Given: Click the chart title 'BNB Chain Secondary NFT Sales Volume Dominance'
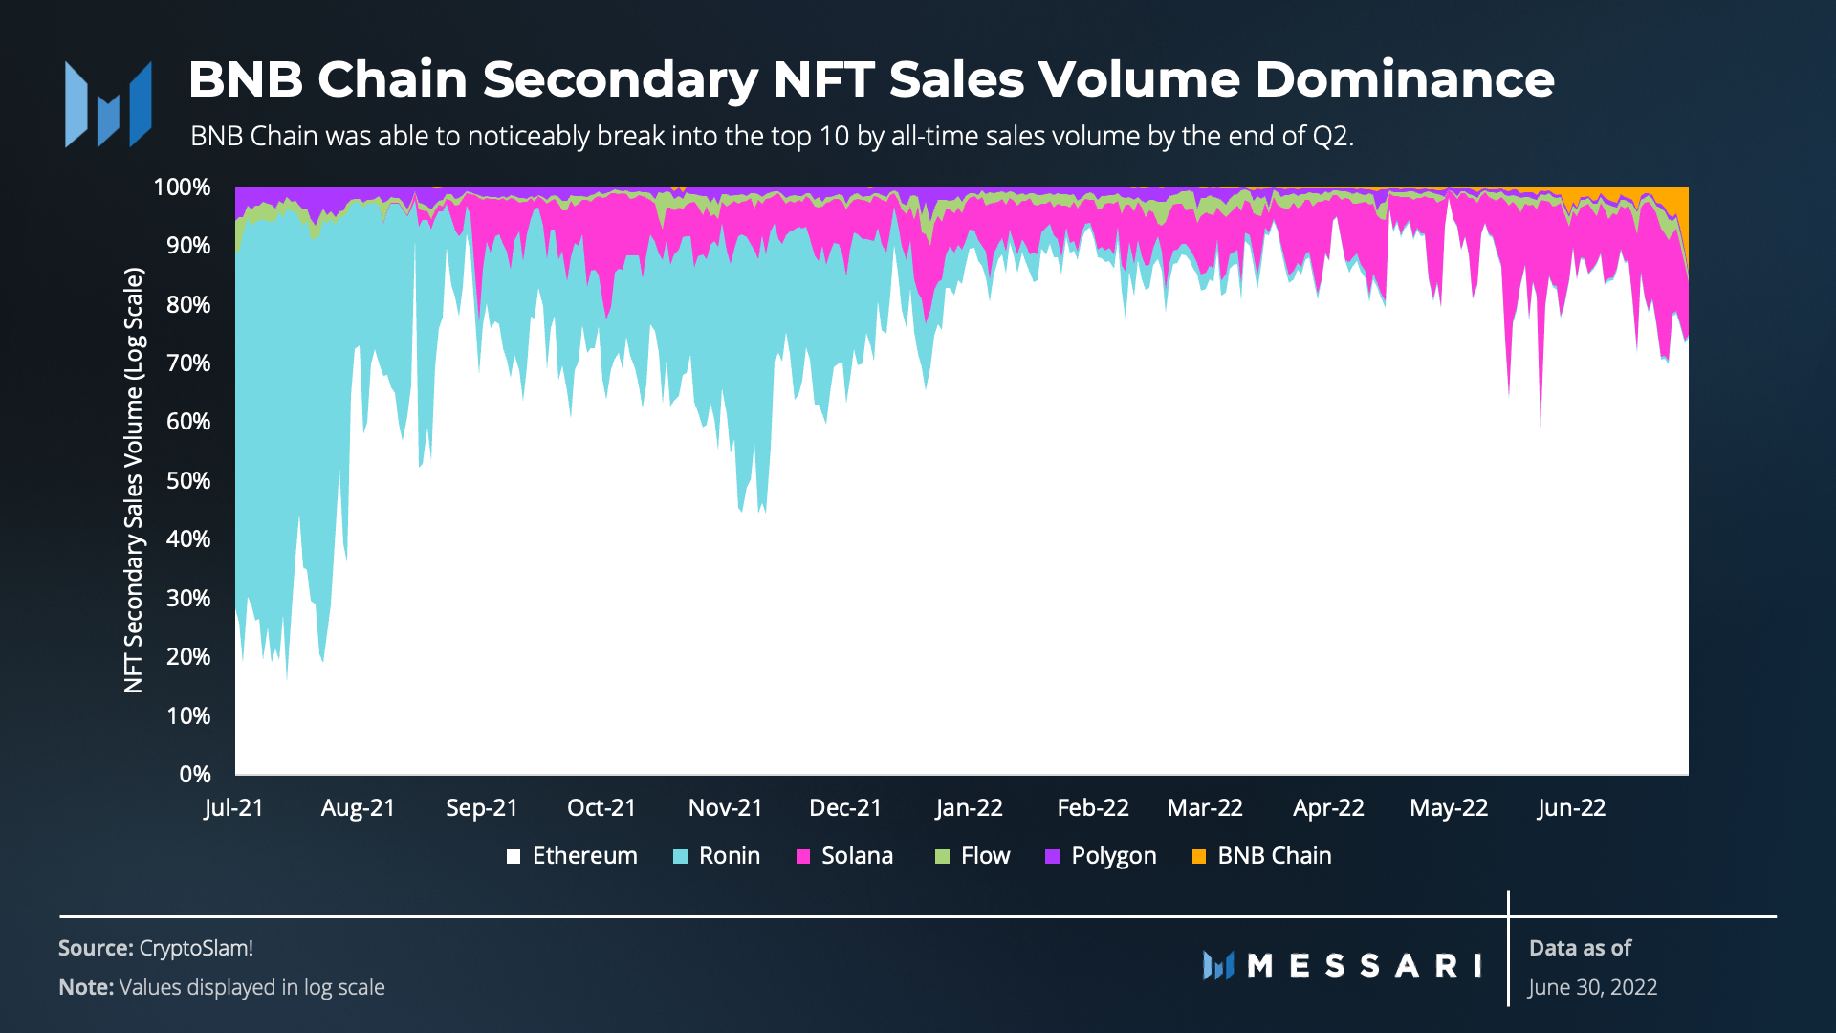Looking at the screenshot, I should [x=870, y=79].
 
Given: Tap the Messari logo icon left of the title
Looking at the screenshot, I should [x=108, y=104].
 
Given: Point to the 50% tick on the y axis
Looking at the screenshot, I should [x=188, y=480].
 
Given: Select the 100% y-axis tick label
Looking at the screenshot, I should [x=182, y=187].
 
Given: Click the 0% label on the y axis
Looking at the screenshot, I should [x=194, y=774].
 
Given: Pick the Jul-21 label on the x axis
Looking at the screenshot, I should [x=233, y=808].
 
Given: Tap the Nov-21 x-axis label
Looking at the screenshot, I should [x=725, y=808].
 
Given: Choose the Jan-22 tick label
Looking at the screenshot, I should [x=969, y=808].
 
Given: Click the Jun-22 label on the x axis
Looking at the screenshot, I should [x=1571, y=808].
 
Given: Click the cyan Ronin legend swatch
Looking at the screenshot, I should [x=681, y=857].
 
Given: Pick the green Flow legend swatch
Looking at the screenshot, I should [x=943, y=857].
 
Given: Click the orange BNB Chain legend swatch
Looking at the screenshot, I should [x=1199, y=857].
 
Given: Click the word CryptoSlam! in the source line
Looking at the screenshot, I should [x=196, y=948].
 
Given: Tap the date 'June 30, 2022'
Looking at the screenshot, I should [x=1592, y=987].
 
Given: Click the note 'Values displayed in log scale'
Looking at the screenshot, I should [x=251, y=987].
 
